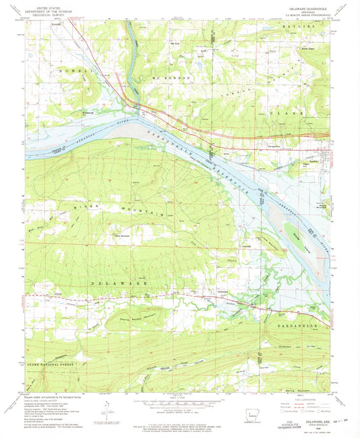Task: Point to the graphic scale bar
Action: tap(180, 405)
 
